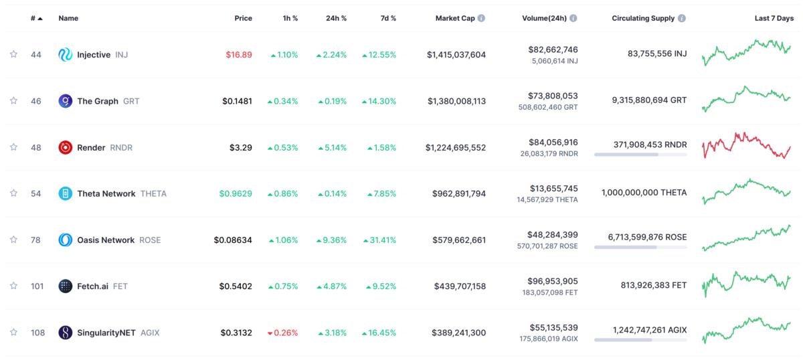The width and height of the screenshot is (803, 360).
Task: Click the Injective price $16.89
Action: (238, 55)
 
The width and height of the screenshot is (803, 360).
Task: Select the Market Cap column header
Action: (455, 18)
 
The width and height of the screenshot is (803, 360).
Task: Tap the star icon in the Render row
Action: (13, 147)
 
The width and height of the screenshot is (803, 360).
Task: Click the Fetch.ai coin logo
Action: (66, 286)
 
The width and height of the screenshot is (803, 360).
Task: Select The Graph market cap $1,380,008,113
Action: (456, 101)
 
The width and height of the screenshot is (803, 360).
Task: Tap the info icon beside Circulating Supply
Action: (681, 18)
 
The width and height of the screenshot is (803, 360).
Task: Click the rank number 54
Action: (36, 193)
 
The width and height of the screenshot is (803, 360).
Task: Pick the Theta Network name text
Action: (106, 193)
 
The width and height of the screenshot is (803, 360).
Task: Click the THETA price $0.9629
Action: (236, 193)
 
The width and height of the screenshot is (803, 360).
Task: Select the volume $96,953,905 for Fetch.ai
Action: (553, 281)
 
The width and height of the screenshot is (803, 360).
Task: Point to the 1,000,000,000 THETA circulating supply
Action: (644, 192)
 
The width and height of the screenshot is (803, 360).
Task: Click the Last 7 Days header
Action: (775, 18)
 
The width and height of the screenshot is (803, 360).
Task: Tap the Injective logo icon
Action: (66, 55)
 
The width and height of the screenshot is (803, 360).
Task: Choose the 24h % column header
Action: (336, 18)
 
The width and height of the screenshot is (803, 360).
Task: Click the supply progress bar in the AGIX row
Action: (640, 340)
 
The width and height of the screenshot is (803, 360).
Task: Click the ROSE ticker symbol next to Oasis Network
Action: (150, 240)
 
